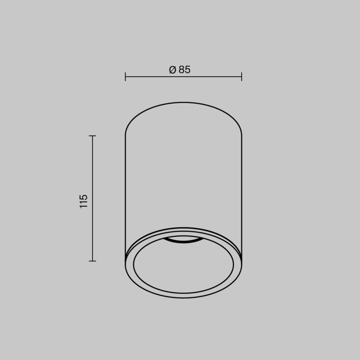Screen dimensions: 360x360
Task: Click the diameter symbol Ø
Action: pyautogui.click(x=172, y=70)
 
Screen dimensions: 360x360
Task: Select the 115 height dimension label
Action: pyautogui.click(x=84, y=201)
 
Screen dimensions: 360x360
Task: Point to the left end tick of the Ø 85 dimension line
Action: pyautogui.click(x=125, y=76)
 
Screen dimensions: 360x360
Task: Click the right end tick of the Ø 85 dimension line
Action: pyautogui.click(x=241, y=76)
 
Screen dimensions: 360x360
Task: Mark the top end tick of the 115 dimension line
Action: pyautogui.click(x=92, y=136)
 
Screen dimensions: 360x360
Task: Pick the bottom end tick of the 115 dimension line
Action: pyautogui.click(x=92, y=261)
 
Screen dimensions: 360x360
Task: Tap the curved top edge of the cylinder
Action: pyautogui.click(x=183, y=102)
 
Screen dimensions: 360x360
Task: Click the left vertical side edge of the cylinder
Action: pyautogui.click(x=125, y=197)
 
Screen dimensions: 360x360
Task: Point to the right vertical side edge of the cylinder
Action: pyautogui.click(x=241, y=197)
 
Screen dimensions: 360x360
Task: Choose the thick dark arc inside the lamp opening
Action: pyautogui.click(x=183, y=241)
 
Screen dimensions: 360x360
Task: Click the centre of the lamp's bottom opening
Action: pyautogui.click(x=183, y=265)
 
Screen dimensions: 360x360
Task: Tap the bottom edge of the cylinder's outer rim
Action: pyautogui.click(x=183, y=298)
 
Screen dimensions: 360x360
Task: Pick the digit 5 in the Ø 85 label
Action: pyautogui.click(x=187, y=70)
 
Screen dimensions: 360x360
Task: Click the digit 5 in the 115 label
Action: pyautogui.click(x=84, y=196)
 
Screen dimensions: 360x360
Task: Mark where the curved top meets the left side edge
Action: pyautogui.click(x=125, y=135)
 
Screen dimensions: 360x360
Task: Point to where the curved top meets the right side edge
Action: pyautogui.click(x=241, y=135)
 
